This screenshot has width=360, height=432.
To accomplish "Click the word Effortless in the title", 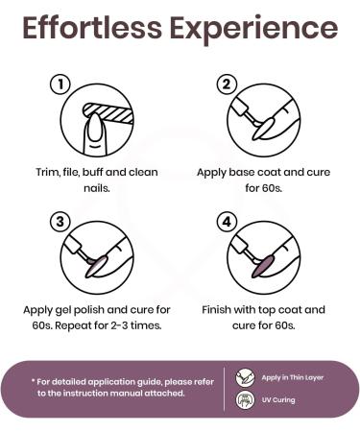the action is (x=92, y=28).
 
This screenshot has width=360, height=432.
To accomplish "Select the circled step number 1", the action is (x=60, y=84).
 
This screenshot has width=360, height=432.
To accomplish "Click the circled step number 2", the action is (x=227, y=84).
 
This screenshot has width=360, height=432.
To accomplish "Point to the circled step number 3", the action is (x=60, y=222).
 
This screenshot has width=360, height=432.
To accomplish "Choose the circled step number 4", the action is (x=227, y=222).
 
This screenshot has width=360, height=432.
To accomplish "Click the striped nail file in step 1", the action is (x=108, y=112).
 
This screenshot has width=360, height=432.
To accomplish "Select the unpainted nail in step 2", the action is (x=264, y=129).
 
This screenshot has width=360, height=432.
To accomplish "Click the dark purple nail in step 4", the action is (x=264, y=266).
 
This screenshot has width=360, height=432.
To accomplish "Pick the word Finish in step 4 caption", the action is (x=216, y=310).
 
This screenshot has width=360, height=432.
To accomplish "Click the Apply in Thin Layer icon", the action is (x=245, y=377).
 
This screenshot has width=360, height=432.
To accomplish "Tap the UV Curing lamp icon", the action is (x=245, y=400).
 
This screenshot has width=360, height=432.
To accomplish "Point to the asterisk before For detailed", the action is (x=33, y=380).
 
